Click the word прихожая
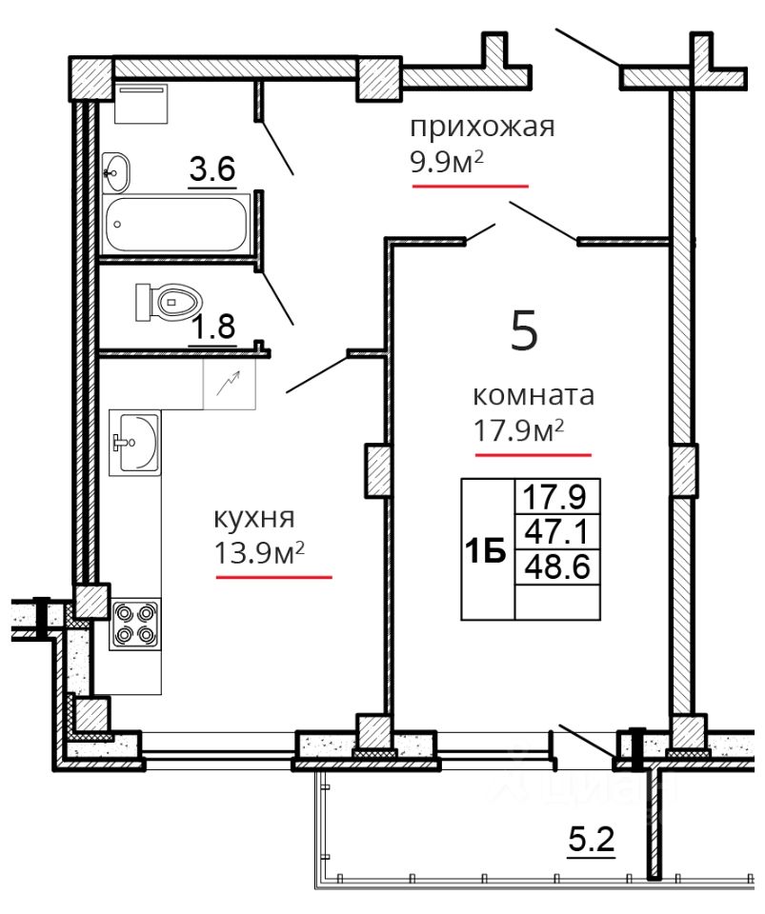click(x=482, y=128)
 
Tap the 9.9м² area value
click(x=447, y=162)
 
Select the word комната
click(x=533, y=396)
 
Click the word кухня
click(x=254, y=519)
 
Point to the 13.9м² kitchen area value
click(x=260, y=552)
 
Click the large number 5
click(x=524, y=330)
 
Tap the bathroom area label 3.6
click(x=212, y=169)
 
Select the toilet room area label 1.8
click(x=213, y=327)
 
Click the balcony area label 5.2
click(x=592, y=841)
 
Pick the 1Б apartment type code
click(x=485, y=551)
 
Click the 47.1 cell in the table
click(x=558, y=531)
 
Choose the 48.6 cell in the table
click(x=558, y=566)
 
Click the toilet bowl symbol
click(x=168, y=302)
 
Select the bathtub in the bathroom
click(x=176, y=224)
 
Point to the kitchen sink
click(x=134, y=443)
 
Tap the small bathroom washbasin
click(x=115, y=172)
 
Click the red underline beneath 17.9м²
click(x=533, y=455)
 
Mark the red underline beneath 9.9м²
click(x=470, y=186)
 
